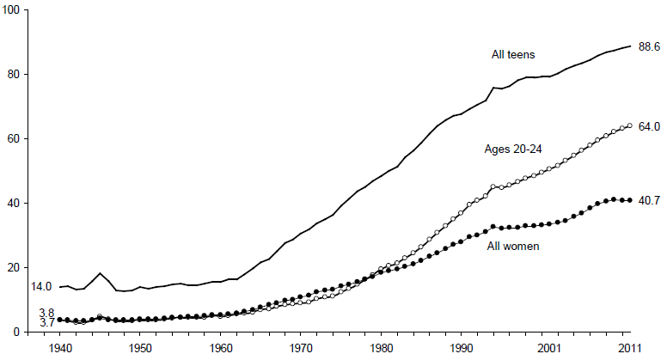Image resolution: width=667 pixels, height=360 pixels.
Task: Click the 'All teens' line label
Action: tap(513, 55)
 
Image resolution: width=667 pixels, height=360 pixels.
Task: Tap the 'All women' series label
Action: tap(513, 247)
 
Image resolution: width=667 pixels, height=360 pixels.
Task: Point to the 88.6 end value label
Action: tap(648, 46)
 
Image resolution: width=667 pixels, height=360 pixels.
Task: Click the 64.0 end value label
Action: tap(648, 126)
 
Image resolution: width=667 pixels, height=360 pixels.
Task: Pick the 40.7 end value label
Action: tap(648, 201)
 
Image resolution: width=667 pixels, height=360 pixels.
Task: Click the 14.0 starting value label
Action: tap(42, 286)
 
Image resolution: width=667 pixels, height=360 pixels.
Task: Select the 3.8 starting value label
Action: tap(46, 313)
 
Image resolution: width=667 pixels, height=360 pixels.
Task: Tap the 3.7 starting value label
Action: tap(46, 322)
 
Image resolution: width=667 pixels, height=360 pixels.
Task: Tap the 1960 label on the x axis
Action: tap(220, 349)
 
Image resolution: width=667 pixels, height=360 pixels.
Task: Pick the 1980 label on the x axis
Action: tap(381, 349)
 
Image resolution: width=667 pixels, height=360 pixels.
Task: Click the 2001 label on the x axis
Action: tap(550, 349)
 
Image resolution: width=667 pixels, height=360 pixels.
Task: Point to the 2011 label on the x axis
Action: tap(630, 349)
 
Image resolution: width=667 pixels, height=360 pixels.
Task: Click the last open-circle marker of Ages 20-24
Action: tap(630, 125)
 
